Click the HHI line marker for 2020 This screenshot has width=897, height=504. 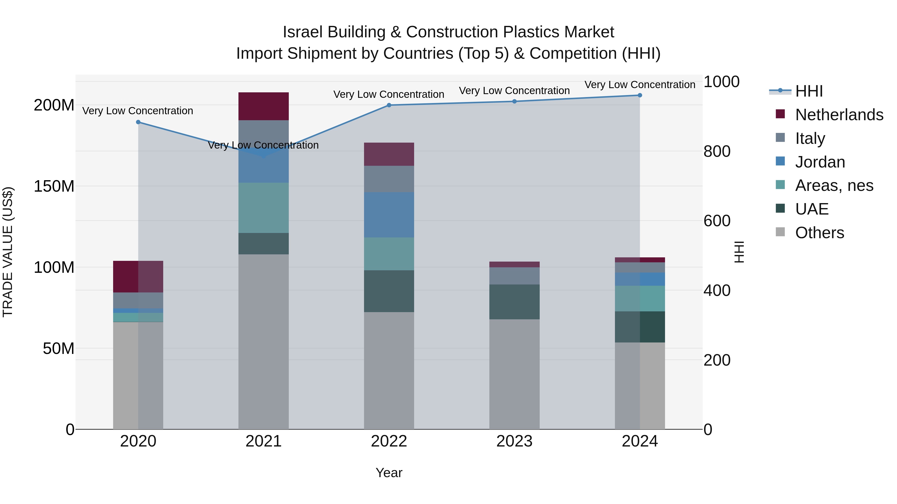pyautogui.click(x=138, y=122)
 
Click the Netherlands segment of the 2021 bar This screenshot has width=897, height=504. pyautogui.click(x=264, y=106)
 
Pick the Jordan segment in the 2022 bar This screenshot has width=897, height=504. pyautogui.click(x=389, y=215)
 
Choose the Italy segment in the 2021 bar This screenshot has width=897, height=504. pyautogui.click(x=264, y=134)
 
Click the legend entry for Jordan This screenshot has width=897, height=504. pyautogui.click(x=820, y=162)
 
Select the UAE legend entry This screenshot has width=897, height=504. pyautogui.click(x=811, y=209)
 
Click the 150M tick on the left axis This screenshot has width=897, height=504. pyautogui.click(x=54, y=186)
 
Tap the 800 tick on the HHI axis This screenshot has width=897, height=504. pyautogui.click(x=717, y=151)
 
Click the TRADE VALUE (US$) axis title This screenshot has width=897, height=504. pyautogui.click(x=8, y=252)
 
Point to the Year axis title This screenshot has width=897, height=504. pyautogui.click(x=389, y=473)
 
